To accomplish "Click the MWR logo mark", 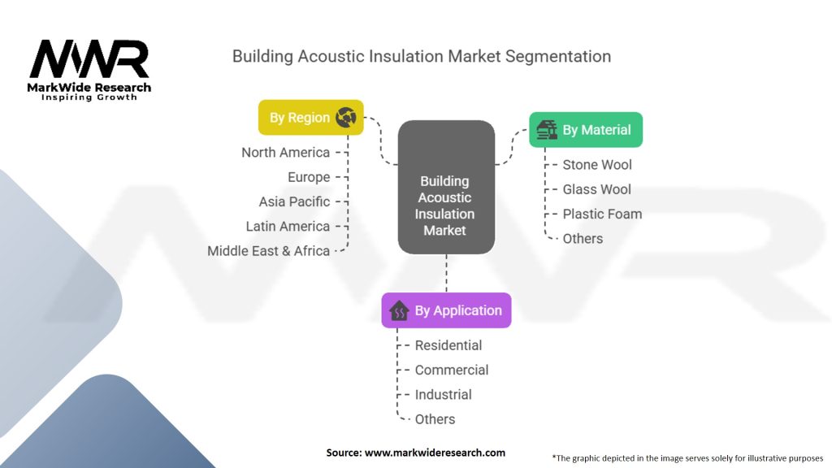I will (89, 60).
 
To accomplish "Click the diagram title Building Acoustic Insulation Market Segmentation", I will (421, 56).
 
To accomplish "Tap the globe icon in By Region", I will (345, 117).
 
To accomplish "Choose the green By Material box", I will (585, 129).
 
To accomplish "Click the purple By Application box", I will (446, 310).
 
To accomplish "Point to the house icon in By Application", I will (399, 310).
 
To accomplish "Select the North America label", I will (285, 153).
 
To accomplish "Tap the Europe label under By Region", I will (309, 177).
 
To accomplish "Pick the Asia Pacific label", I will (294, 201).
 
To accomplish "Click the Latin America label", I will (288, 226).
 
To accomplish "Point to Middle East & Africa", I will (268, 251).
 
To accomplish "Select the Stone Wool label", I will (597, 165).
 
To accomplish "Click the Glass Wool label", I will (596, 189).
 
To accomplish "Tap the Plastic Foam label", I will (602, 214).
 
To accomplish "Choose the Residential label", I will (448, 345).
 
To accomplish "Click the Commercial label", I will (452, 370).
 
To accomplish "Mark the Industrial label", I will (443, 394).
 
